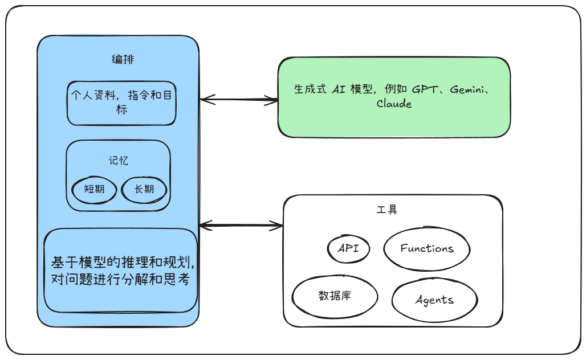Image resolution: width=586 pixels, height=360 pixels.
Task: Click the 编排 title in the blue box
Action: (x=123, y=60)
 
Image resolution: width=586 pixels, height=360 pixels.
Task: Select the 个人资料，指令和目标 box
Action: (x=121, y=103)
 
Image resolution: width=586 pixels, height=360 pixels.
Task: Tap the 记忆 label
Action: (x=119, y=161)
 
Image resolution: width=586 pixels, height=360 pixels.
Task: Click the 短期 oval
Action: (x=94, y=189)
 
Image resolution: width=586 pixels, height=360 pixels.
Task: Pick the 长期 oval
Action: (x=144, y=189)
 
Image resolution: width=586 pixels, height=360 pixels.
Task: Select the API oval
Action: (x=349, y=248)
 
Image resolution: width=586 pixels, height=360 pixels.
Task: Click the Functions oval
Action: (x=427, y=249)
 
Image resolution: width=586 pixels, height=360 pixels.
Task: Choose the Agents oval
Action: (x=434, y=300)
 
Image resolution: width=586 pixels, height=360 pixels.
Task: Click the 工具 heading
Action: (x=387, y=210)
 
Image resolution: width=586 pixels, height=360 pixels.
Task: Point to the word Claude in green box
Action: (x=394, y=104)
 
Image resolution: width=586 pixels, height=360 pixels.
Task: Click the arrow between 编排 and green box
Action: (x=239, y=100)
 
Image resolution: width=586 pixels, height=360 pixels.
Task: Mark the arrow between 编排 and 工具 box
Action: (x=241, y=226)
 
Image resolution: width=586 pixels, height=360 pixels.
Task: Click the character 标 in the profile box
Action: (x=121, y=110)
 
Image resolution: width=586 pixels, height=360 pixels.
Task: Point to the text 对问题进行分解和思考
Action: (x=120, y=280)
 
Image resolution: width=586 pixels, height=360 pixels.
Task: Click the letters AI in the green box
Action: (x=340, y=89)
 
